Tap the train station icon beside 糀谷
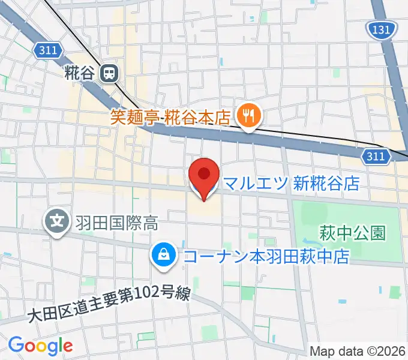pyautogui.click(x=110, y=74)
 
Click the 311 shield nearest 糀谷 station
pyautogui.click(x=47, y=52)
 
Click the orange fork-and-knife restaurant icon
pyautogui.click(x=247, y=115)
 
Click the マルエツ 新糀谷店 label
pyautogui.click(x=290, y=183)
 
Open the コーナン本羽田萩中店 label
pyautogui.click(x=266, y=257)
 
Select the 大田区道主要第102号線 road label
pyautogui.click(x=110, y=304)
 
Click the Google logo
pyautogui.click(x=40, y=346)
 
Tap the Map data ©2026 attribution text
pyautogui.click(x=358, y=351)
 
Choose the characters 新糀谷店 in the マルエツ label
pyautogui.click(x=326, y=183)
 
